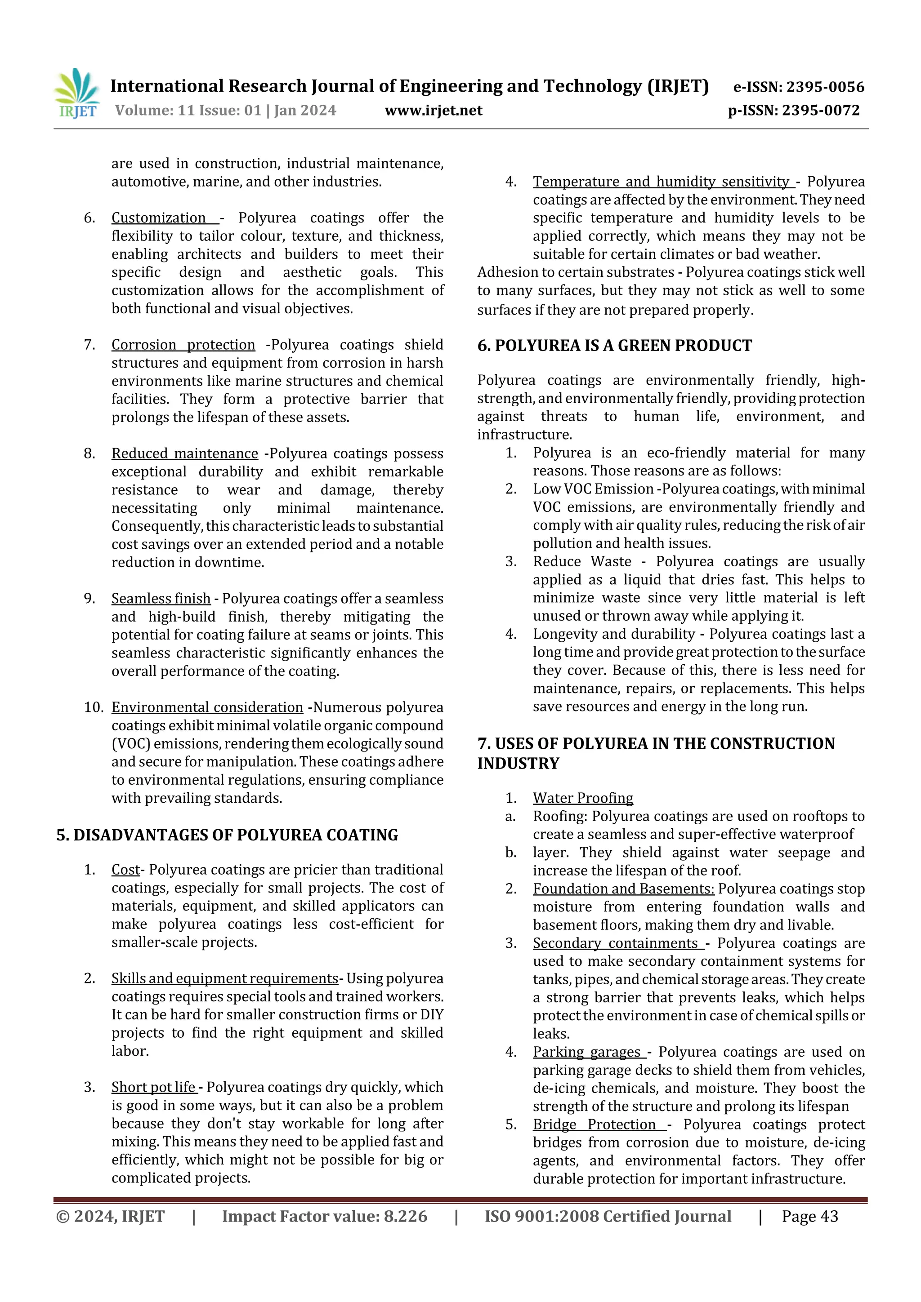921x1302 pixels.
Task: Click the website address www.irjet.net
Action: (x=433, y=111)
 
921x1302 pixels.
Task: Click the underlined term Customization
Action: (x=159, y=218)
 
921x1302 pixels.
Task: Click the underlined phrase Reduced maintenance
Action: (x=184, y=453)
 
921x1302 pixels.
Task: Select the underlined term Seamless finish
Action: (x=161, y=599)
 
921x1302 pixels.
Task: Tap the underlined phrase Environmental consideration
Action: (x=207, y=708)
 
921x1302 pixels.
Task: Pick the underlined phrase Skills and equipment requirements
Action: (x=225, y=979)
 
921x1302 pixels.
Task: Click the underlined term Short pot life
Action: (x=153, y=1088)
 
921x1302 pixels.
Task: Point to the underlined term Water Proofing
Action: (x=582, y=799)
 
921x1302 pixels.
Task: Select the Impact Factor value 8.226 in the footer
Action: (x=324, y=1217)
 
